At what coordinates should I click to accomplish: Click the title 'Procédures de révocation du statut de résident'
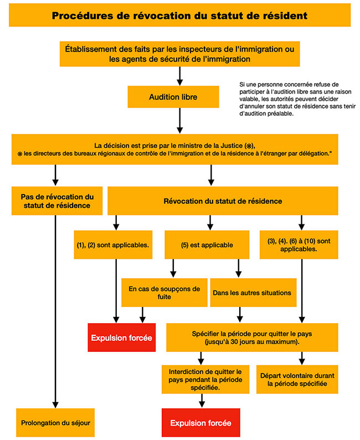pos(179,16)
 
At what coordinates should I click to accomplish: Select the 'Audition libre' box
pos(173,97)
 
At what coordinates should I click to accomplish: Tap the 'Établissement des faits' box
pos(179,54)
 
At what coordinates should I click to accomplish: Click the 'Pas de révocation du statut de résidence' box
pos(57,201)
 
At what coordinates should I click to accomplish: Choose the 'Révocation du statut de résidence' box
pos(223,201)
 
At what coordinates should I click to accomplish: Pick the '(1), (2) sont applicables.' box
pos(113,245)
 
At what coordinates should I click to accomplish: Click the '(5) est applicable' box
pos(207,245)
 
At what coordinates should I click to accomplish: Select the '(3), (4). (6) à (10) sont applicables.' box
pos(299,245)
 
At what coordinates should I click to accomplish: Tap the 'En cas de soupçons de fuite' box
pos(164,293)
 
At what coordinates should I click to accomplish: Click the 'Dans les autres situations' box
pos(254,293)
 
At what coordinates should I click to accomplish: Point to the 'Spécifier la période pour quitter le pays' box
pos(252,337)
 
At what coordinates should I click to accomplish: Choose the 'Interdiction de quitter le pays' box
pos(205,380)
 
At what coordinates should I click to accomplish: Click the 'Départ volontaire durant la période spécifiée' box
pos(297,380)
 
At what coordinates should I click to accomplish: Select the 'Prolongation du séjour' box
pos(55,423)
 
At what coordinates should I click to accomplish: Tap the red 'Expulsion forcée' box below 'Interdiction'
pos(200,423)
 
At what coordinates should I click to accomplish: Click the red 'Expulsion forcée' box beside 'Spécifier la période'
pos(122,337)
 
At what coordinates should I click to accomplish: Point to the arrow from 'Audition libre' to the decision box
pos(179,121)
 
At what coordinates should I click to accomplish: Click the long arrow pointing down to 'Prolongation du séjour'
pos(55,311)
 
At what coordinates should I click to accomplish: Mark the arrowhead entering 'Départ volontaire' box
pos(302,362)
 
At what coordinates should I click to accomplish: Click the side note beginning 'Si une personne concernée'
pos(297,99)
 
